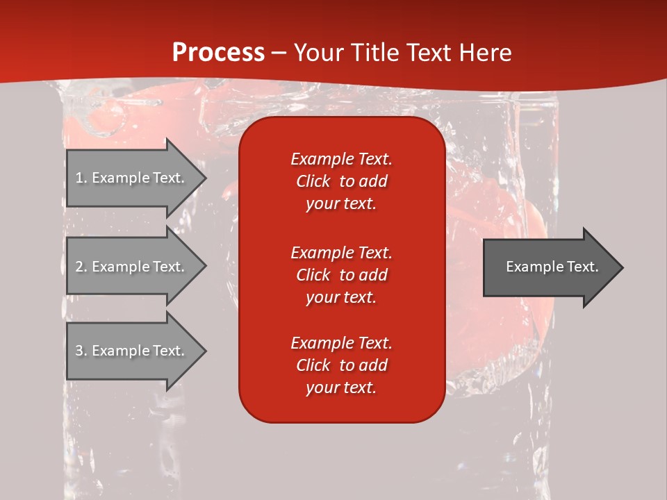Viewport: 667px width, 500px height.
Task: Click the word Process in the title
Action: point(218,53)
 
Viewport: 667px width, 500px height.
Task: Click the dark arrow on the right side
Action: point(549,267)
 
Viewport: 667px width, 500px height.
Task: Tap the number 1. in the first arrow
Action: point(81,178)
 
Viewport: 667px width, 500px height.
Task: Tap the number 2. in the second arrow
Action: point(81,267)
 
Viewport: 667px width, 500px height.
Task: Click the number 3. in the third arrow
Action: point(81,351)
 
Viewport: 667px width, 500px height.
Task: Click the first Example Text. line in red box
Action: point(341,159)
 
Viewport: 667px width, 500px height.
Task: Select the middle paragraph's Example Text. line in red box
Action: point(341,252)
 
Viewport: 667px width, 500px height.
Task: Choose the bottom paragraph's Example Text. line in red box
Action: point(341,343)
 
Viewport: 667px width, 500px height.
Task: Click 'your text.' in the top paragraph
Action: point(341,204)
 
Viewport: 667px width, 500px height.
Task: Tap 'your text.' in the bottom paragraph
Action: point(341,388)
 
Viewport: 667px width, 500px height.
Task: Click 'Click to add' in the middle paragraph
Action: point(341,275)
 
